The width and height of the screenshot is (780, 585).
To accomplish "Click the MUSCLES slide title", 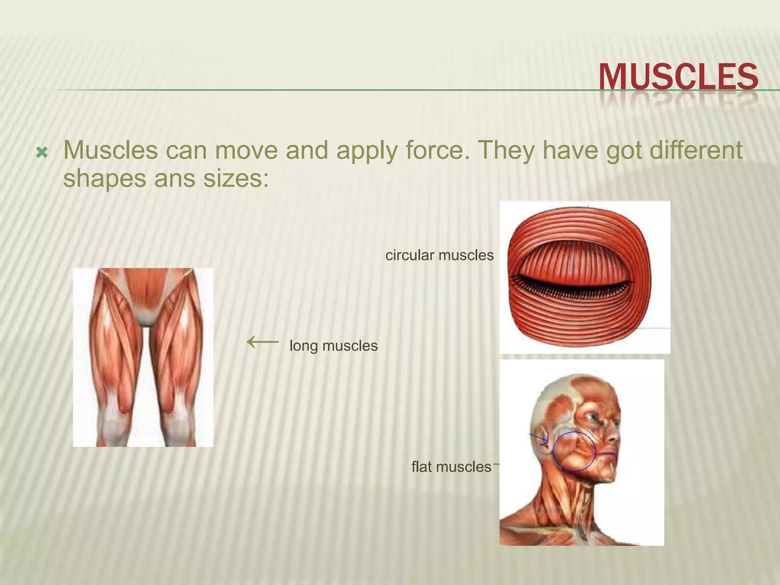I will pyautogui.click(x=678, y=77).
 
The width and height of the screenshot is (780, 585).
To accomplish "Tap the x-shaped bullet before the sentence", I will pyautogui.click(x=42, y=153).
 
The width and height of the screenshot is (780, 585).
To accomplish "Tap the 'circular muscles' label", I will pyautogui.click(x=439, y=255).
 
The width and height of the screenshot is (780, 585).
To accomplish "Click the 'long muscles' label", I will pyautogui.click(x=334, y=346).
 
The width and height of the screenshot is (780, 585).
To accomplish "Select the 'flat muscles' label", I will pyautogui.click(x=451, y=467).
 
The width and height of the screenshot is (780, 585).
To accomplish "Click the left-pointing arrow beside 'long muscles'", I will pyautogui.click(x=263, y=342).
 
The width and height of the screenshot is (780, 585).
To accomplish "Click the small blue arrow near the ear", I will pyautogui.click(x=540, y=439).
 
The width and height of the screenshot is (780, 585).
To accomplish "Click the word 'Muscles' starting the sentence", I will pyautogui.click(x=110, y=150).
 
